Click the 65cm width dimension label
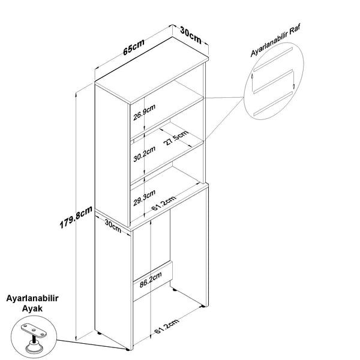coord(134,47)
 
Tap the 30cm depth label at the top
coord(191,35)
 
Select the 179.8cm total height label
coord(76,217)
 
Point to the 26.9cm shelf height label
coord(145,112)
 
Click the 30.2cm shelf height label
coord(145,154)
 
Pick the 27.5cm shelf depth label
coord(176,138)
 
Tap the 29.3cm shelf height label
coord(145,198)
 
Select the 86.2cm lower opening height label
coord(151,280)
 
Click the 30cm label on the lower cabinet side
coord(113,226)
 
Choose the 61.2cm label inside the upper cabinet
coord(164,203)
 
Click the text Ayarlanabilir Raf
coord(275,40)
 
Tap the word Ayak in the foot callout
coord(32,308)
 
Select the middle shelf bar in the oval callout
coord(273,82)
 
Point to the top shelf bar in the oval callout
coord(273,59)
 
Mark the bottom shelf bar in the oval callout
coord(273,103)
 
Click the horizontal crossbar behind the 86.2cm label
coord(152,281)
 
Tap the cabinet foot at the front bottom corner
coord(127,349)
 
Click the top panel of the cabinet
coord(152,70)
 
